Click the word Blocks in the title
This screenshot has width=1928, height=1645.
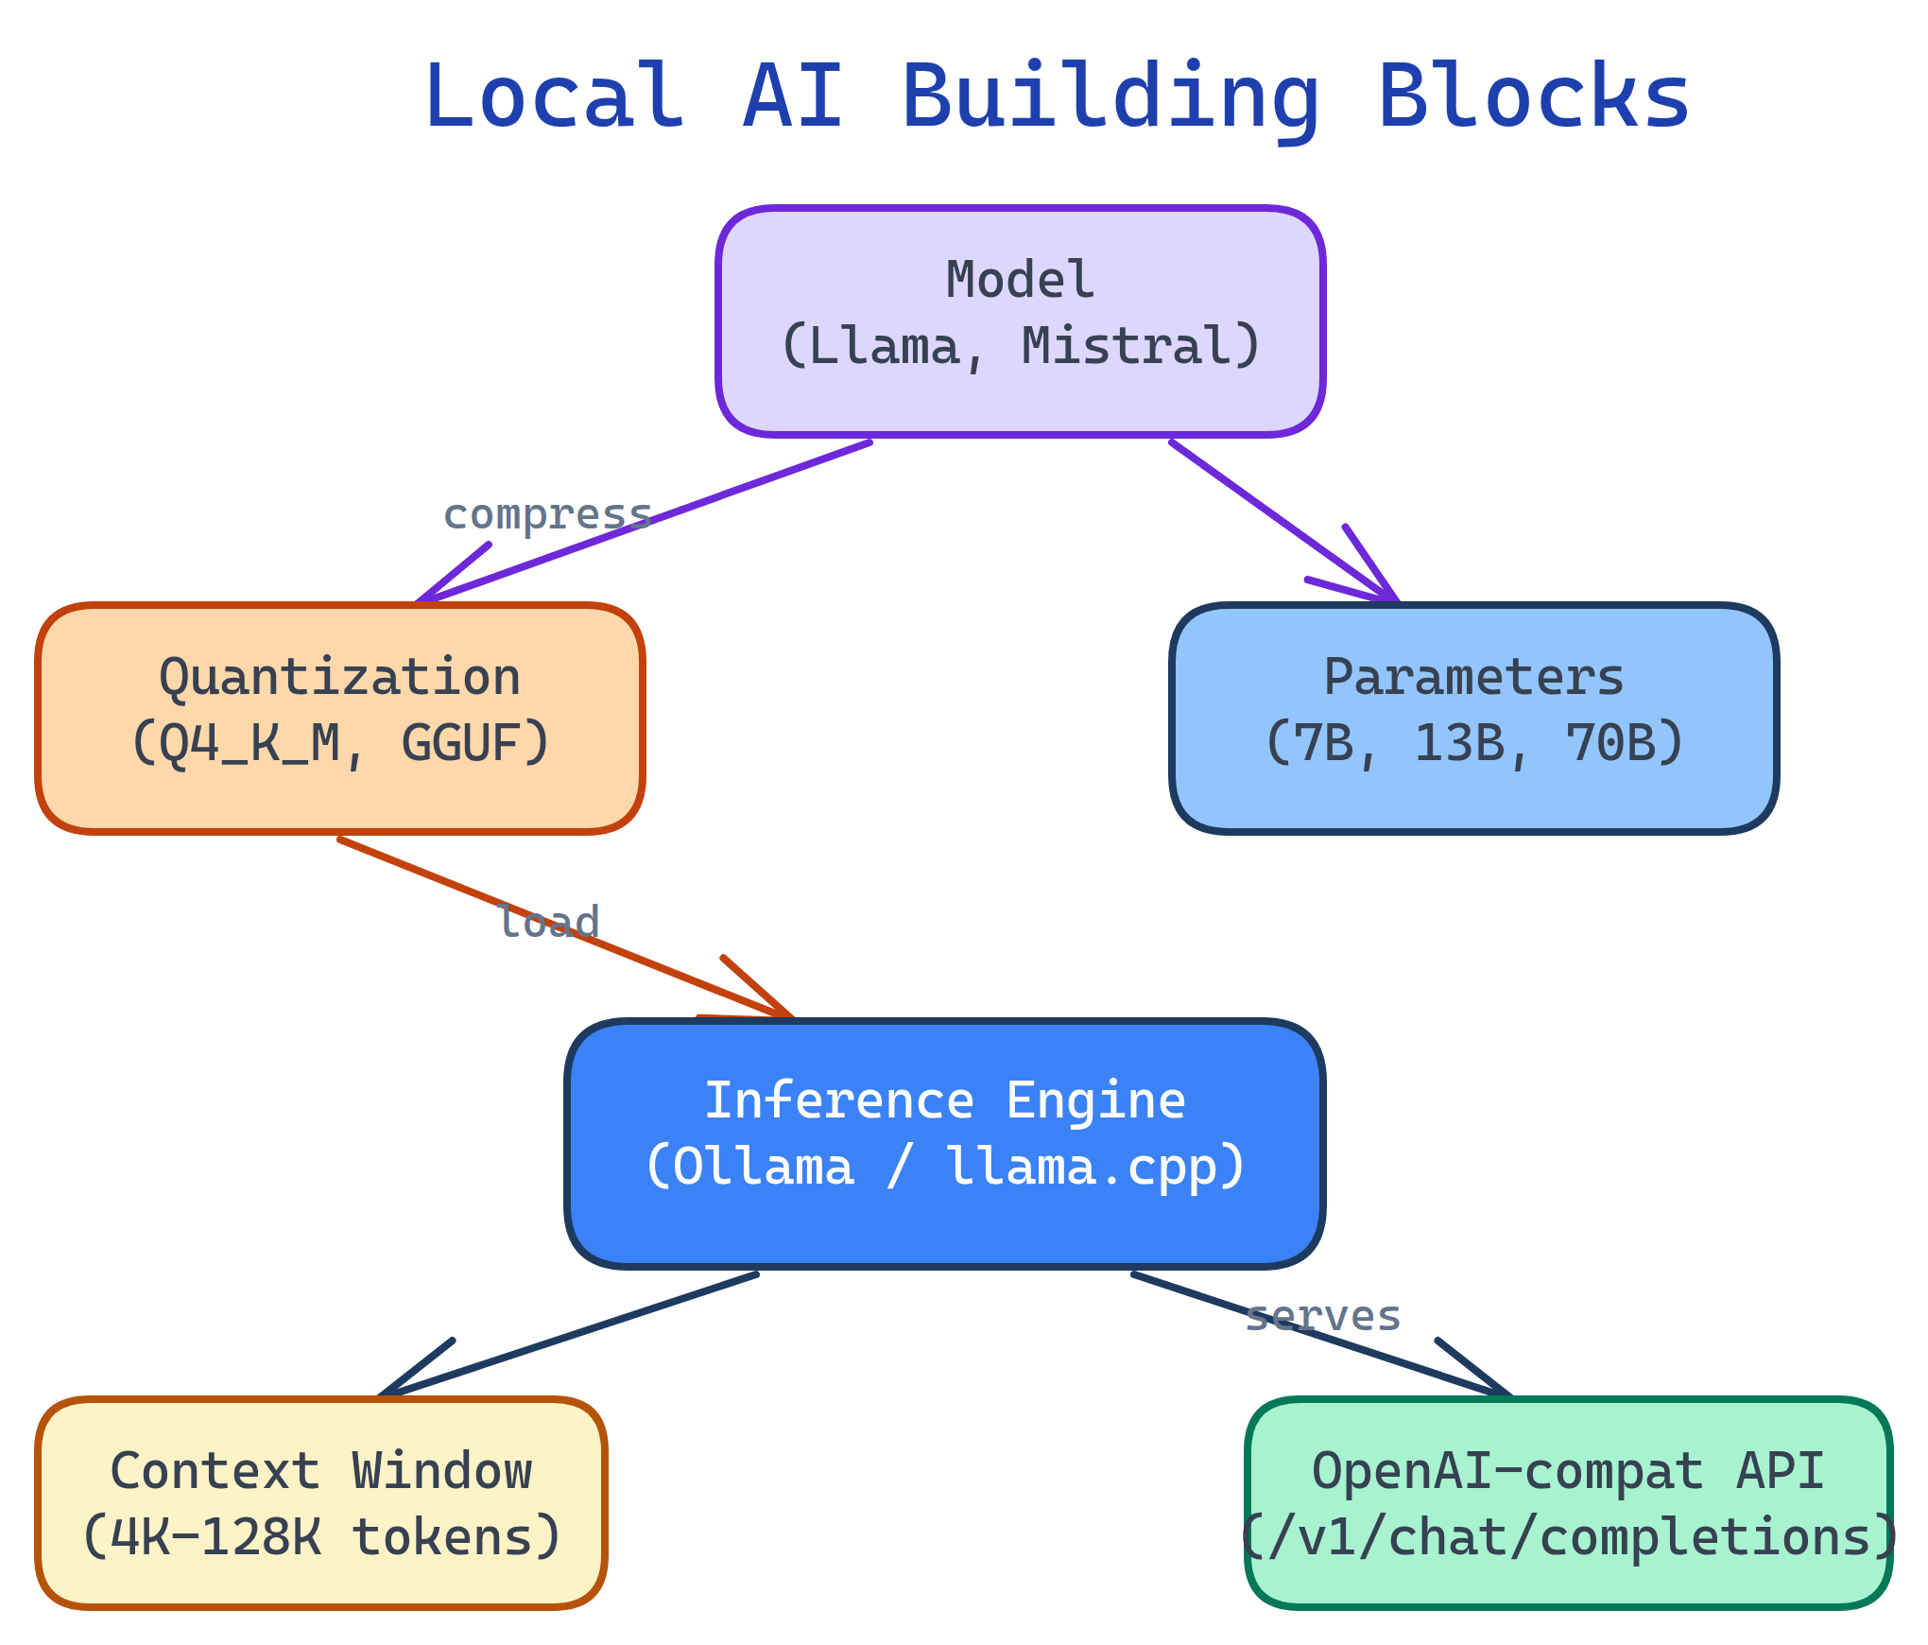1533,96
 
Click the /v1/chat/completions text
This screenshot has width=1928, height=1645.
1568,1538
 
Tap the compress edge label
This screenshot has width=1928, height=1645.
547,515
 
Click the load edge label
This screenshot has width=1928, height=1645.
549,923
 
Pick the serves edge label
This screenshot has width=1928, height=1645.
1322,1316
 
